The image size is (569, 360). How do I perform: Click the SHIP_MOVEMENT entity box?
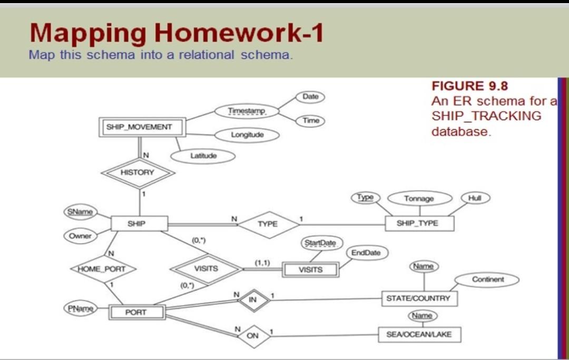(x=142, y=127)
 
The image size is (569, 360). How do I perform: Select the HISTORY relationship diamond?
(x=138, y=173)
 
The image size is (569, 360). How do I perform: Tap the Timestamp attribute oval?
(x=247, y=111)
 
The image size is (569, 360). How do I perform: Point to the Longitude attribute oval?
(x=247, y=135)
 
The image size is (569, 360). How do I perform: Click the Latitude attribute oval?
(x=203, y=156)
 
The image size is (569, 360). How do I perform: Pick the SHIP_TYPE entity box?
(x=419, y=223)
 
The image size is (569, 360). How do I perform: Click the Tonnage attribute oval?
(x=420, y=199)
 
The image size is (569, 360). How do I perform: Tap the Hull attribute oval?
(x=475, y=198)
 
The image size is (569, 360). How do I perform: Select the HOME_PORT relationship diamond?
(x=103, y=269)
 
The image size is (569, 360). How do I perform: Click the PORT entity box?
(x=137, y=312)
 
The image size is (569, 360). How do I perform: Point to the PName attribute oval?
(x=81, y=308)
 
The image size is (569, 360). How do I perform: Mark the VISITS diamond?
(x=207, y=269)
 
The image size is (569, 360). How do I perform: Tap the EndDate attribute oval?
(x=366, y=252)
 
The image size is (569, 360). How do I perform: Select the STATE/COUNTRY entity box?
(x=419, y=298)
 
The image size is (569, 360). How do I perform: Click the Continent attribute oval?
(x=487, y=279)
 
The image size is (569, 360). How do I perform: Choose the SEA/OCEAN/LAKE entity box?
(x=419, y=334)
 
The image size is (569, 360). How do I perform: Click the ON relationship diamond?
(x=253, y=336)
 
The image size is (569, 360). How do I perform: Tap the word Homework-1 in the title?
(x=239, y=33)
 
